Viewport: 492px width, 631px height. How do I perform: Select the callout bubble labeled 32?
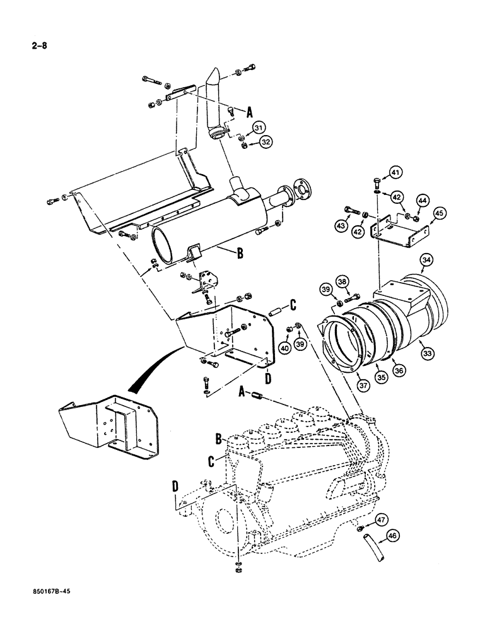(265, 143)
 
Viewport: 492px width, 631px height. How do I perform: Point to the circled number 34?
(427, 259)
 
